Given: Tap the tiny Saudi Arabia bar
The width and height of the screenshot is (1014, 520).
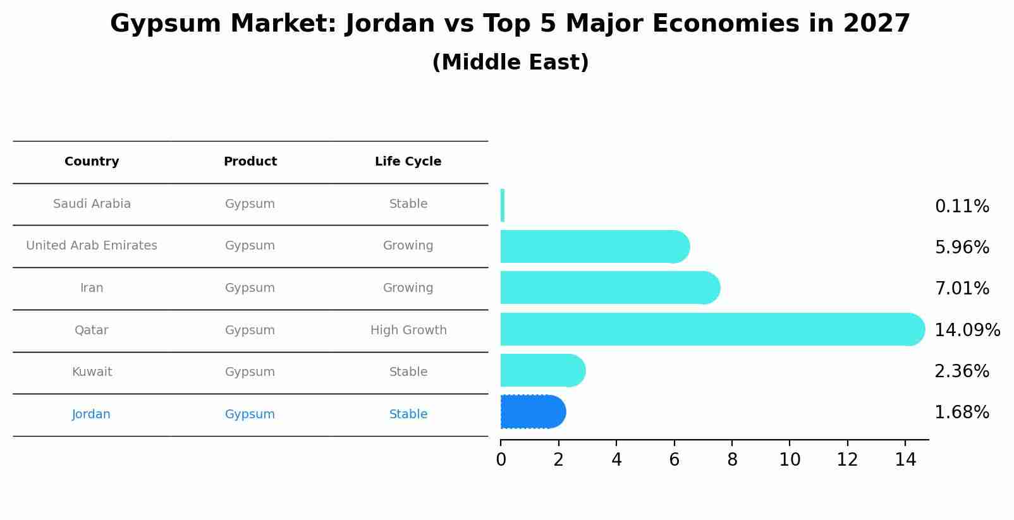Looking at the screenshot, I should [503, 205].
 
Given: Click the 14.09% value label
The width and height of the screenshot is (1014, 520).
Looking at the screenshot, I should [967, 330].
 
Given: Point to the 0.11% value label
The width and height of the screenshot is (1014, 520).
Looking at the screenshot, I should [962, 207].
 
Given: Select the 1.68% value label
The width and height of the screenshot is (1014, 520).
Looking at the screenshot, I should [962, 413].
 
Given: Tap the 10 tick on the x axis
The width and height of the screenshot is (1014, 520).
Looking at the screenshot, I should [790, 460].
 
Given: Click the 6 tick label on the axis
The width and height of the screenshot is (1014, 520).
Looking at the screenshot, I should [674, 460].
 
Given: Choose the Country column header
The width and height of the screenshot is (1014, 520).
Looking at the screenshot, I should [92, 162].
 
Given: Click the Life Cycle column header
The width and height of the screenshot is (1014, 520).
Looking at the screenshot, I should [408, 162].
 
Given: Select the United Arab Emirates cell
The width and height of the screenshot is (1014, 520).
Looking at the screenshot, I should [92, 246].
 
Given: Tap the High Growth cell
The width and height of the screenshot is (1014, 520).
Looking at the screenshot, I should [408, 330].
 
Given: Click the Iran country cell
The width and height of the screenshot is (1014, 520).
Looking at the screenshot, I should [92, 288].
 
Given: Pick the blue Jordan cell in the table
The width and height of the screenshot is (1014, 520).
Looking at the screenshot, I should [91, 414].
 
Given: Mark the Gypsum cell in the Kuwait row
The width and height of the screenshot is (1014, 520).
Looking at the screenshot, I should [250, 372].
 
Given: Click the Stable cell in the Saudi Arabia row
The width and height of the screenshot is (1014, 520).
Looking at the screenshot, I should [408, 204].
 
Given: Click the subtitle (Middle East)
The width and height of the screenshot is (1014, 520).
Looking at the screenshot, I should [510, 63].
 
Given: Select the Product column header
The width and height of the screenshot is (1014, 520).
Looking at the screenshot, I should [250, 162].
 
